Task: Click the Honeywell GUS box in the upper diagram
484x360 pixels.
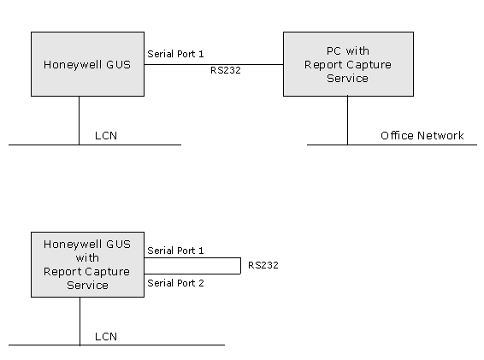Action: (x=88, y=64)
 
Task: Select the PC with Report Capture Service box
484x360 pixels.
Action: (x=349, y=64)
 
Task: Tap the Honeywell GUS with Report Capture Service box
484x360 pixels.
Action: (x=88, y=264)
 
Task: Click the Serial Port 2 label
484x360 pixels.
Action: (x=175, y=283)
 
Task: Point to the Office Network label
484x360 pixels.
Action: (x=422, y=136)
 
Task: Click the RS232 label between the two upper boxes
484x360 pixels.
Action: (x=226, y=70)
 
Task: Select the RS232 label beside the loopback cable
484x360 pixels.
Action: (x=263, y=265)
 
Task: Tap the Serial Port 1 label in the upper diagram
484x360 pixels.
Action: (x=175, y=54)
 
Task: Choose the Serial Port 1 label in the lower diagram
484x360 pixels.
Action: (x=175, y=251)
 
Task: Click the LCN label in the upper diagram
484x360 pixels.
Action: (x=106, y=136)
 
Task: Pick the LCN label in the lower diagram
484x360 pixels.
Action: (x=106, y=337)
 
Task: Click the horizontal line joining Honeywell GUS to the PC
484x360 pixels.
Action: (x=214, y=64)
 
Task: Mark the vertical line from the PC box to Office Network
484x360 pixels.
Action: (x=347, y=121)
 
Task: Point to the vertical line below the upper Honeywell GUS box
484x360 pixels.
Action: (x=79, y=121)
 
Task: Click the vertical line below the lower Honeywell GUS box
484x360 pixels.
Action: (x=80, y=322)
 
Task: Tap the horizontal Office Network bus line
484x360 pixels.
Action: (x=392, y=145)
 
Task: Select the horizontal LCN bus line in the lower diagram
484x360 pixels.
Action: (x=116, y=345)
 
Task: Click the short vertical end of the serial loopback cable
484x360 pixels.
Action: (x=241, y=266)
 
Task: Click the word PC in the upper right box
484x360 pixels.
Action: (x=333, y=51)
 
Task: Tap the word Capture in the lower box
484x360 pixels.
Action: (x=111, y=272)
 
